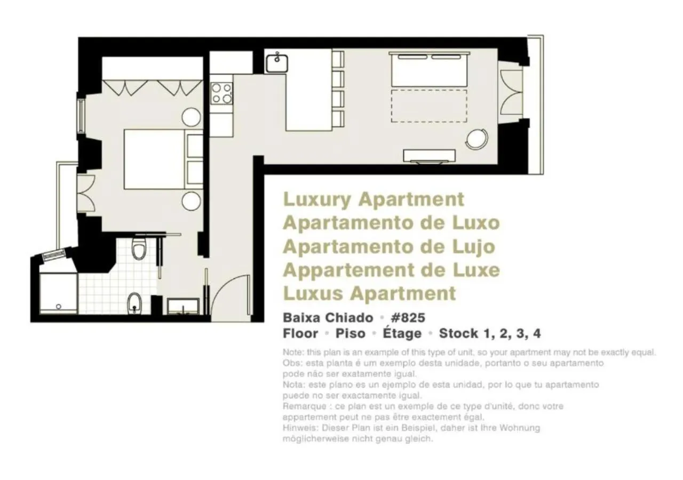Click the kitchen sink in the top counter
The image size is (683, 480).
[x=277, y=63]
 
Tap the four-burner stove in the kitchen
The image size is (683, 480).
[x=222, y=93]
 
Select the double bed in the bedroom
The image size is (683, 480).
[x=155, y=159]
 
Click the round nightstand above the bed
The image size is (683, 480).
[x=191, y=117]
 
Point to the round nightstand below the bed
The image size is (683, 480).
[x=191, y=201]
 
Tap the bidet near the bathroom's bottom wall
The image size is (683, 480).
[x=133, y=303]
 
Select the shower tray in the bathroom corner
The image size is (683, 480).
[x=58, y=293]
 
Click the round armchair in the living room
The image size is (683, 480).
[x=476, y=140]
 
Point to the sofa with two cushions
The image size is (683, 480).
[x=430, y=69]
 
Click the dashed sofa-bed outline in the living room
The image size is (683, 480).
[x=430, y=106]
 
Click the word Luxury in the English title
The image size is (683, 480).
[x=317, y=199]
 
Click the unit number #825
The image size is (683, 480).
[x=408, y=318]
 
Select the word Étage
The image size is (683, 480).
[x=401, y=334]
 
